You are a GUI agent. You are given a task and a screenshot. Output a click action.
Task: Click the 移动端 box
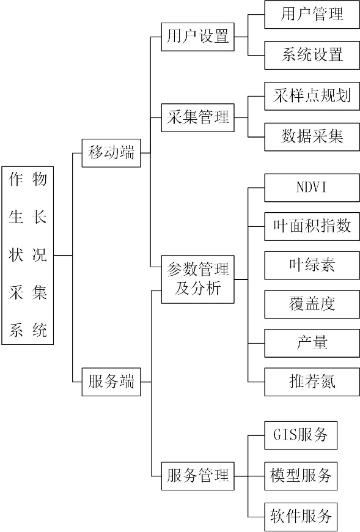click(111, 153)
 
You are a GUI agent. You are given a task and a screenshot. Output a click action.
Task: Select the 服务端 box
click(111, 382)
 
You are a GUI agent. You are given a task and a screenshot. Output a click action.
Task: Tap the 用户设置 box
click(197, 37)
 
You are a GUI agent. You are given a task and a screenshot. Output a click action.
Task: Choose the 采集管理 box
click(197, 118)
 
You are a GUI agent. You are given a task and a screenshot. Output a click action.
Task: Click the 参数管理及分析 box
click(197, 279)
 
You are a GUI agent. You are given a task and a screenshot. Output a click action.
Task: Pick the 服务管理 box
click(197, 476)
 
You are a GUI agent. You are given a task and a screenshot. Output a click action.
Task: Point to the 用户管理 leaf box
click(312, 15)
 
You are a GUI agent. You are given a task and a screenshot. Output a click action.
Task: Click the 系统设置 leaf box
click(312, 55)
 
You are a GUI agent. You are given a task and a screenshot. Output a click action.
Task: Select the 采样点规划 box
click(312, 96)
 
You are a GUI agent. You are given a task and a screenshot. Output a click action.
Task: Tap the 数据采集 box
click(312, 137)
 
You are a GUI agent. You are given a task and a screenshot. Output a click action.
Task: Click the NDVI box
click(312, 188)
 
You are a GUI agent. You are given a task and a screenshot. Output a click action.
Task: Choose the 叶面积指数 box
click(312, 226)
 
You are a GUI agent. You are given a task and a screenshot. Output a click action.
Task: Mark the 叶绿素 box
click(312, 265)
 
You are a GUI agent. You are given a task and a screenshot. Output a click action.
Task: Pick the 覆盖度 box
click(312, 304)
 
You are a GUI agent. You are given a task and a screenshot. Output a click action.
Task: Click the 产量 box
click(312, 343)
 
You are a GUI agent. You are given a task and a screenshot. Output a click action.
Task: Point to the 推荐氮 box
click(312, 382)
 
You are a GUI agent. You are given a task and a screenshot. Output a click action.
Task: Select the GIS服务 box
click(301, 435)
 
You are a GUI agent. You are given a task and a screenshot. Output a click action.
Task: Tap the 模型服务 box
click(301, 476)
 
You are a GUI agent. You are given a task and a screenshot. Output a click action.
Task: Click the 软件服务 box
click(301, 517)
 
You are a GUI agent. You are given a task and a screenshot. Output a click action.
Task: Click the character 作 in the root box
click(16, 179)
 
